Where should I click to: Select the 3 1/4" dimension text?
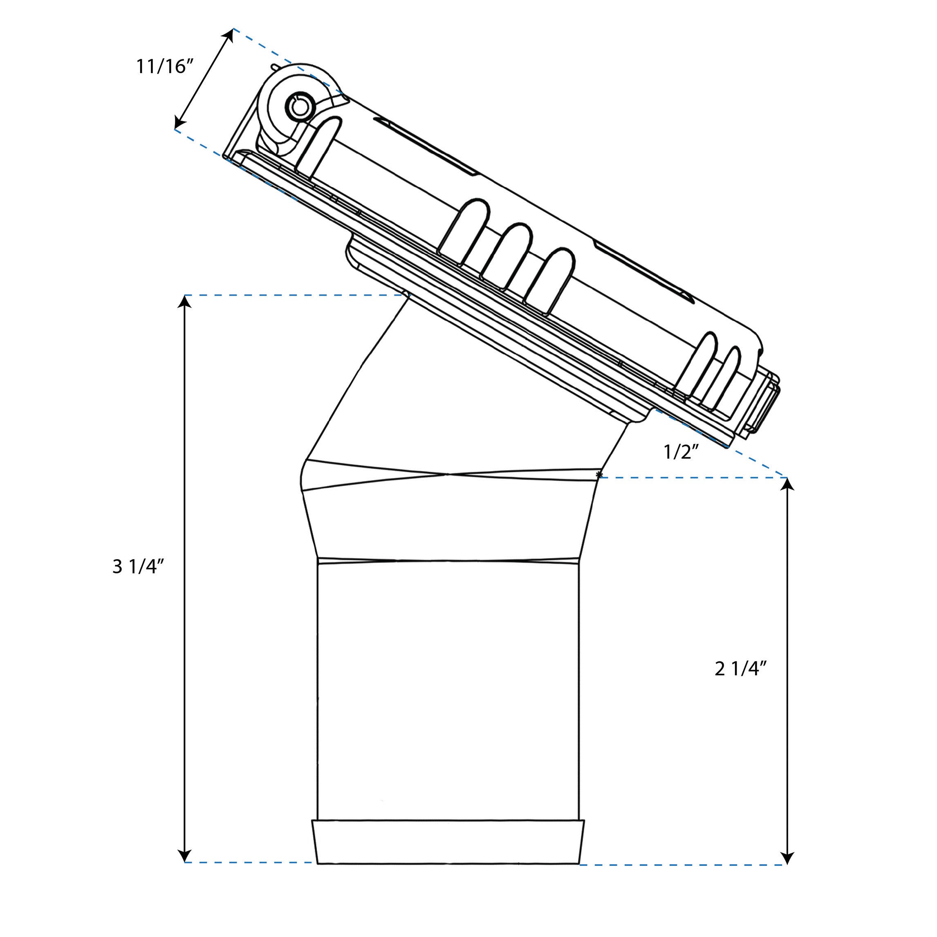[138, 566]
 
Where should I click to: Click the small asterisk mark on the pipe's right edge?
[599, 473]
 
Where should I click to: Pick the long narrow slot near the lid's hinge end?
[427, 146]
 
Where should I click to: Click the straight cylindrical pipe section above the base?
[448, 689]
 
